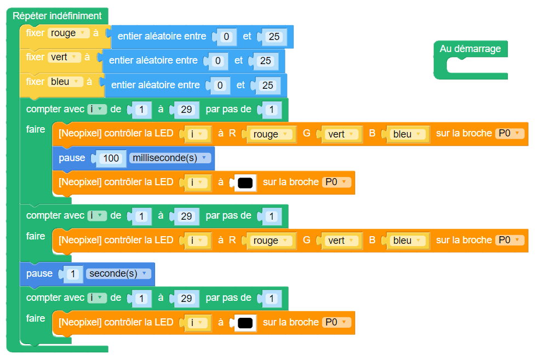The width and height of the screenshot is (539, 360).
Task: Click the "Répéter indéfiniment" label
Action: point(57,16)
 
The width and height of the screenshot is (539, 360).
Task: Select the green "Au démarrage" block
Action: point(470,49)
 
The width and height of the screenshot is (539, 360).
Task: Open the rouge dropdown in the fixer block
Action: point(68,33)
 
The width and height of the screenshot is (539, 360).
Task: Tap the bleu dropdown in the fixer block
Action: point(65,82)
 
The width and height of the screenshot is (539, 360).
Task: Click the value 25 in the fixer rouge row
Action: point(274,37)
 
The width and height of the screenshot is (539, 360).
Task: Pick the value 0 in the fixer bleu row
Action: point(220,85)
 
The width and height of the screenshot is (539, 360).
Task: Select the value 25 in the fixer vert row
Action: point(266,61)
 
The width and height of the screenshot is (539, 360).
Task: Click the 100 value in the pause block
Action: point(111,158)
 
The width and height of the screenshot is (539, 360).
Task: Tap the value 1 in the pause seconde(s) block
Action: point(73,274)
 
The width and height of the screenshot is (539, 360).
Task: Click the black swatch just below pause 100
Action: point(245,183)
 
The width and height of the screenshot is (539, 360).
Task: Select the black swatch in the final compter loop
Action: point(245,323)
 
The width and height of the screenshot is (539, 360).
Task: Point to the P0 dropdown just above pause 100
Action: point(509,134)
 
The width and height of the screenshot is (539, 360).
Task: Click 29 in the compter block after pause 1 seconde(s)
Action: point(186,299)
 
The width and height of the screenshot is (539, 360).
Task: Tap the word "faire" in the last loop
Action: point(36,318)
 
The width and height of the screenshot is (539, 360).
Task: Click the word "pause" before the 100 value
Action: point(72,158)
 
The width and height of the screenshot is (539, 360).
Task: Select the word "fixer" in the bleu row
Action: point(35,82)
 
